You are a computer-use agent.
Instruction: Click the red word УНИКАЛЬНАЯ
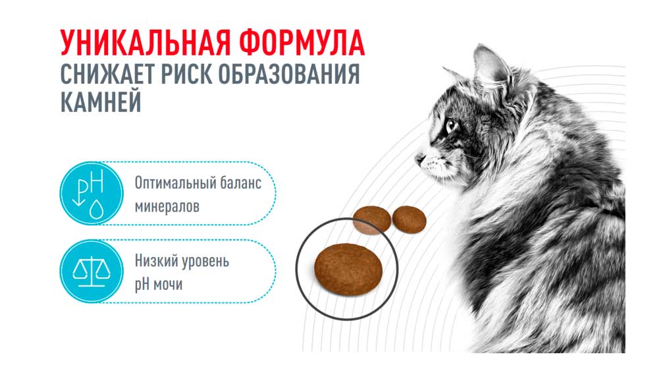click(x=145, y=43)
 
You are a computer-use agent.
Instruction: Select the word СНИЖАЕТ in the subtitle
click(x=107, y=74)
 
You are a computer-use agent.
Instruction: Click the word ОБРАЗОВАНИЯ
click(x=289, y=74)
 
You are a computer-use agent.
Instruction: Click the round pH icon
click(x=91, y=193)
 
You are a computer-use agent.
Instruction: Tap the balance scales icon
click(x=91, y=271)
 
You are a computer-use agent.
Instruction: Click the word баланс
click(x=240, y=183)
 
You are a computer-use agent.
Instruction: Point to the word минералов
click(x=167, y=207)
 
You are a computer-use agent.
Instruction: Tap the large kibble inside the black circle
click(x=348, y=270)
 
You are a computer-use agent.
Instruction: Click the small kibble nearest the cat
click(x=409, y=219)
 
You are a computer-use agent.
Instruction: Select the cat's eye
click(x=450, y=125)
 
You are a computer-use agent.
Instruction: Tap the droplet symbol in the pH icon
click(x=97, y=209)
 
